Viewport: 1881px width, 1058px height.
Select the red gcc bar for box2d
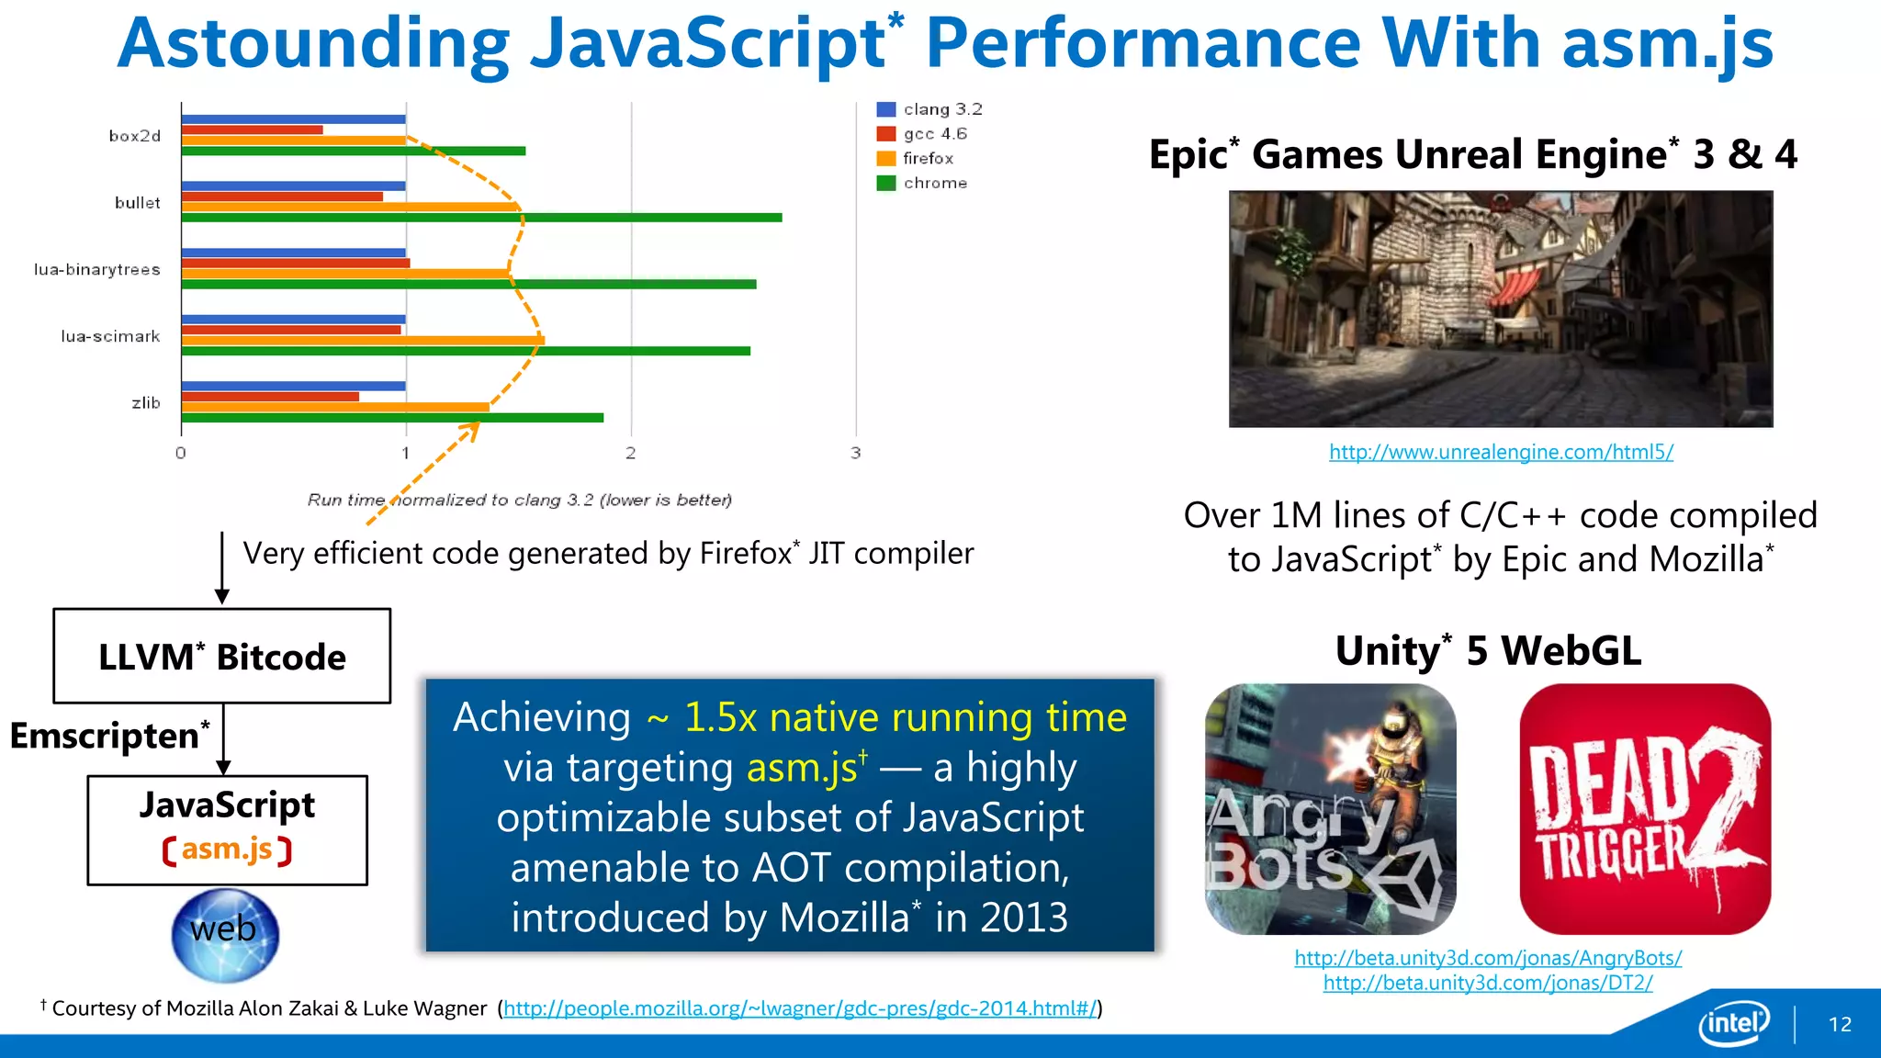coord(252,129)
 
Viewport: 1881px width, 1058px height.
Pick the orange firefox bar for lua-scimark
coord(363,341)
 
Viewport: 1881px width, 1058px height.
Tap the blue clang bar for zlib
coord(293,386)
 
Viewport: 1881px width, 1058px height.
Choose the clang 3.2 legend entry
coord(929,109)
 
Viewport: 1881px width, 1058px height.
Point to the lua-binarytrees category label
coord(97,269)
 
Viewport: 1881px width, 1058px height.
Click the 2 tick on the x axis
coord(631,453)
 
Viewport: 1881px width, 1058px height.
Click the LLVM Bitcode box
coord(222,657)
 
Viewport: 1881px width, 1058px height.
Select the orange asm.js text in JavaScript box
coord(227,850)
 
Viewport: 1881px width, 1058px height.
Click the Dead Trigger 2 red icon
coord(1645,809)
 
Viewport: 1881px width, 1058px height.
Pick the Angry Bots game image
coord(1330,809)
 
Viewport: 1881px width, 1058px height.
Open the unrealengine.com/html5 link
coord(1501,452)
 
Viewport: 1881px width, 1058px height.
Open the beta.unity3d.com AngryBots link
coord(1488,958)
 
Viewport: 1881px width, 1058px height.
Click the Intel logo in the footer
coord(1733,1022)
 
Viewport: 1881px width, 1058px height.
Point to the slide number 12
coord(1840,1024)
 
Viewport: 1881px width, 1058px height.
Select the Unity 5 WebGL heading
coord(1488,650)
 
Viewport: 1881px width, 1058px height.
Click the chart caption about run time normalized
coord(519,500)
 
